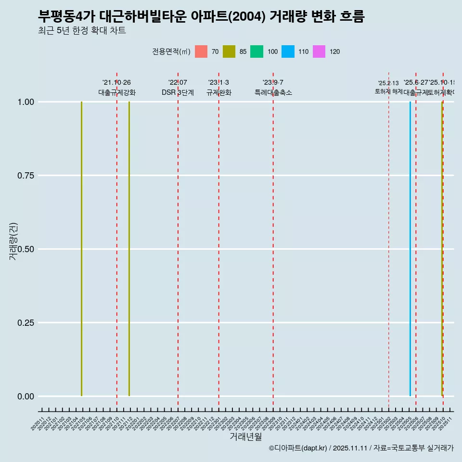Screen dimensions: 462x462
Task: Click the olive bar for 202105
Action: (82, 249)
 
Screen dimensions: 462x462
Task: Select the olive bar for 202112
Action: (129, 249)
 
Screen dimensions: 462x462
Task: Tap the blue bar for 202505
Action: (410, 249)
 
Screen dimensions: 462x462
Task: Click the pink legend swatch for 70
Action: (201, 51)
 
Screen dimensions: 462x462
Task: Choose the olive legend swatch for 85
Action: (229, 51)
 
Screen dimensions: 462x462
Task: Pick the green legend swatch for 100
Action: (257, 51)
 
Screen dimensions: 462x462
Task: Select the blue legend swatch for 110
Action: (288, 51)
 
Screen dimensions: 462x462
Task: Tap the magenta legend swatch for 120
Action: (319, 51)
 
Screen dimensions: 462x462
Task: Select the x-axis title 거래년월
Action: (246, 436)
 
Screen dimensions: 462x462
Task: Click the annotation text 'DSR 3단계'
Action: (178, 93)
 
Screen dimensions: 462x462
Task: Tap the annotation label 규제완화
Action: (219, 93)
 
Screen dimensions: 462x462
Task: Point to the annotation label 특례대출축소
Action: (273, 93)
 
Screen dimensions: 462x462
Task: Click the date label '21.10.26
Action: (116, 83)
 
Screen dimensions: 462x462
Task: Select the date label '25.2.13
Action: (388, 83)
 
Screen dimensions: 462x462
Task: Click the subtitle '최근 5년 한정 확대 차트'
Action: (82, 31)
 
